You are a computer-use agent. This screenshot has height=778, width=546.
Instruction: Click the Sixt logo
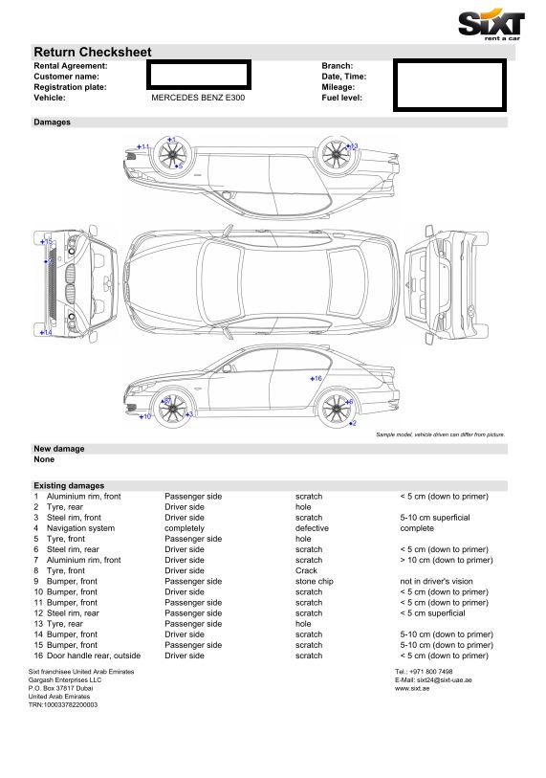coord(491,26)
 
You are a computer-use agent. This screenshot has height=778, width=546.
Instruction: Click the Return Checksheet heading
coord(92,52)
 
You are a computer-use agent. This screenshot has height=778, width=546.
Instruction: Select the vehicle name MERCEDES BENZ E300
coord(198,98)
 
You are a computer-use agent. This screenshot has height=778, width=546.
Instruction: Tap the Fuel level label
coord(341,98)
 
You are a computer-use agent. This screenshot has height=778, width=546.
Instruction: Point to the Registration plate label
coord(70,87)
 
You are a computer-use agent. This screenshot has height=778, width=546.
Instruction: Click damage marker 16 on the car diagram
coord(316,379)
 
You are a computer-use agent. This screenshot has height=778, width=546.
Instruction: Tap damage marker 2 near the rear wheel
coord(353,423)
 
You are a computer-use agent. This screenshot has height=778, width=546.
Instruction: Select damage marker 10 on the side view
coord(144,416)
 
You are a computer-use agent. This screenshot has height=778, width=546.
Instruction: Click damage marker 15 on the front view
coord(46,242)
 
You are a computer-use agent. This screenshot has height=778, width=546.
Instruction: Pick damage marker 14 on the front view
coord(46,332)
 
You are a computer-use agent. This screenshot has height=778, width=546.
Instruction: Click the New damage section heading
coord(59,449)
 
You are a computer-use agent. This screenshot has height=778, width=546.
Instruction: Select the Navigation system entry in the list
coord(81,528)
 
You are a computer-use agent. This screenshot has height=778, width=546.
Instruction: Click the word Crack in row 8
coord(306,570)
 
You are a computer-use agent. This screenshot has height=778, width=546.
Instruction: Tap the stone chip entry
coord(315,582)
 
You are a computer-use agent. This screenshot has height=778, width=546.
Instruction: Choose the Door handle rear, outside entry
coord(94,656)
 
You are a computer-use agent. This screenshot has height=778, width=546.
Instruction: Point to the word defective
coord(312,528)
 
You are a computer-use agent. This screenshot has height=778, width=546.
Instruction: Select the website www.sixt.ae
coord(412,689)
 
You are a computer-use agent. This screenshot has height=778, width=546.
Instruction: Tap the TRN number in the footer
coord(63,704)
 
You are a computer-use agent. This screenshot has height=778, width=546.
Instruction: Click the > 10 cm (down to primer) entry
coord(447,560)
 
